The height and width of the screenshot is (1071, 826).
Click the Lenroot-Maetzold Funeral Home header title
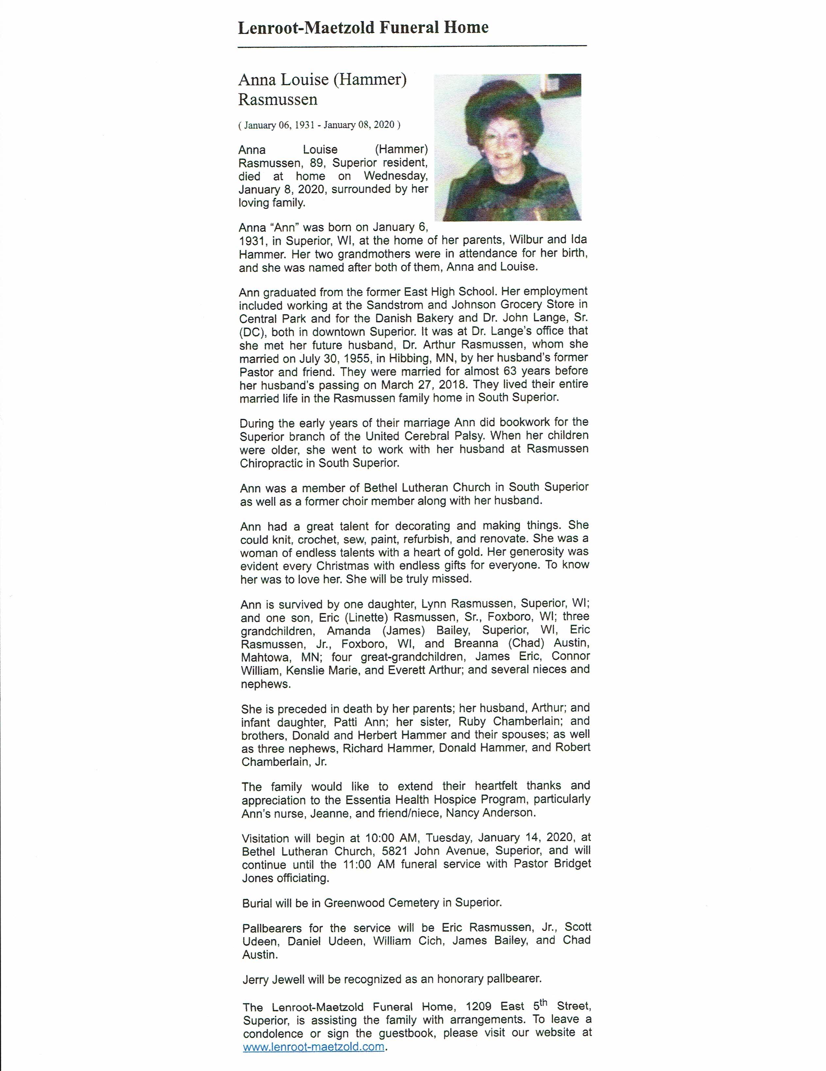point(363,27)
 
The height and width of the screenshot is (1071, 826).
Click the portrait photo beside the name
point(507,147)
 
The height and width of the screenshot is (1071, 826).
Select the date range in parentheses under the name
point(319,125)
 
